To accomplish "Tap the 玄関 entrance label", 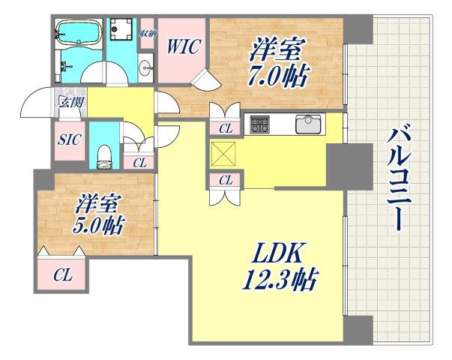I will [x=70, y=102].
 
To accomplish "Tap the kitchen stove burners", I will [x=260, y=124].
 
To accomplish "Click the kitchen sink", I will [x=308, y=124].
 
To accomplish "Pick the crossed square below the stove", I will [x=224, y=155].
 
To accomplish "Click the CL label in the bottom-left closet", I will [x=63, y=275].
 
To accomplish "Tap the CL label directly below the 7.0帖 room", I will [x=225, y=128].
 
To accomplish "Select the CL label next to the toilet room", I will [x=139, y=162].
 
